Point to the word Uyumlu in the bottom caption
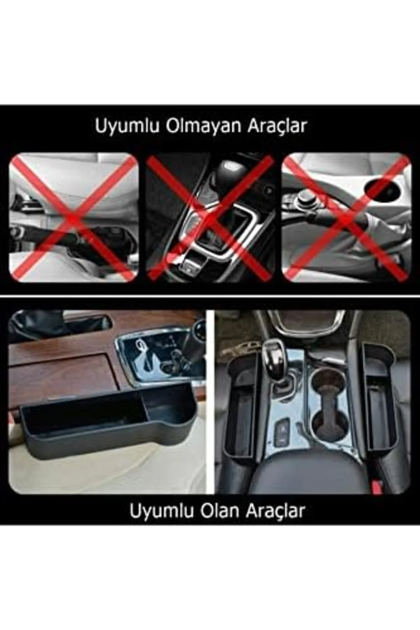(162, 511)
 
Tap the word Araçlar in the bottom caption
(275, 511)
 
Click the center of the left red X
(73, 218)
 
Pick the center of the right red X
(346, 218)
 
